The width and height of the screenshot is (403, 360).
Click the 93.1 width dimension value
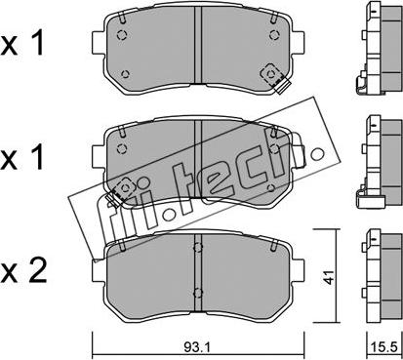click(197, 347)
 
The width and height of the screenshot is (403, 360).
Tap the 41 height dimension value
click(329, 277)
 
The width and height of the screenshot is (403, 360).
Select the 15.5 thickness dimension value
click(385, 347)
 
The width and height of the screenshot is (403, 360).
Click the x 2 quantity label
click(23, 270)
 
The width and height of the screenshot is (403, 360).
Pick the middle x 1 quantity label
click(22, 157)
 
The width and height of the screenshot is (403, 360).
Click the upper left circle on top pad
click(122, 34)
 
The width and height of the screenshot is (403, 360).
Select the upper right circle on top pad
click(274, 34)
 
